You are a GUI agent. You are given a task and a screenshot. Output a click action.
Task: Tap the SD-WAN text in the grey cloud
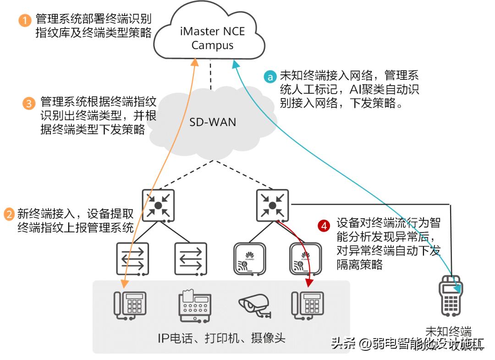(x=213, y=122)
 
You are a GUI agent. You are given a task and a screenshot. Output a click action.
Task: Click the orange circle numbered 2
(x=9, y=214)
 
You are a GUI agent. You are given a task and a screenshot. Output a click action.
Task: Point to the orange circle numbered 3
(x=28, y=103)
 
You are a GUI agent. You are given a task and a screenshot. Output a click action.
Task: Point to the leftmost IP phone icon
(x=130, y=305)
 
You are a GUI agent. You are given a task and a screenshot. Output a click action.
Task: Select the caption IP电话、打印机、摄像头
(x=221, y=338)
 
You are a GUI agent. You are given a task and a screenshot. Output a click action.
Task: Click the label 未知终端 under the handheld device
(x=449, y=332)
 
